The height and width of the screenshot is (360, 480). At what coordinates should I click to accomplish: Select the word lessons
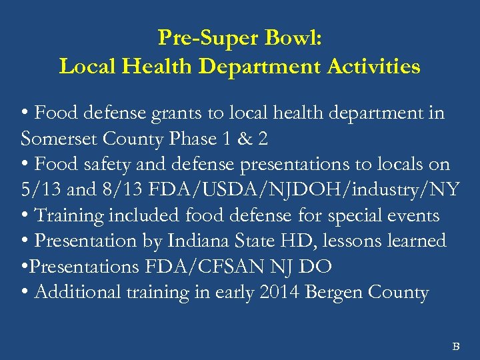(369, 241)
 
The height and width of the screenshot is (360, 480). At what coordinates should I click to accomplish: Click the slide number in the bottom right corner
(457, 346)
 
